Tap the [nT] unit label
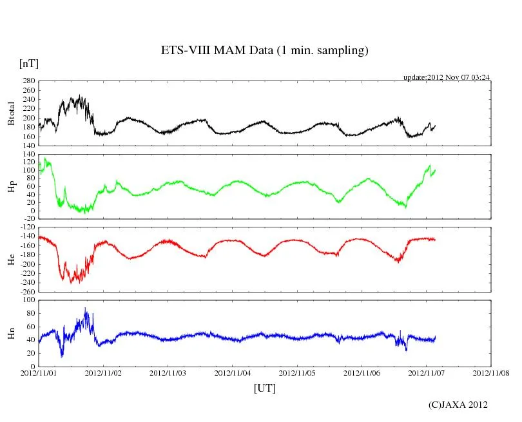tap(28, 64)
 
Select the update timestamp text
tap(447, 77)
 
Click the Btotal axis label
tap(11, 113)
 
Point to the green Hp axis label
tap(11, 187)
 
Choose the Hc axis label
tap(11, 259)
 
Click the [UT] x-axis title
tap(264, 388)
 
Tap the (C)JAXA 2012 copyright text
tap(458, 405)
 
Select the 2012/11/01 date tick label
tap(39, 373)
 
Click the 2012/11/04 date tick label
tap(233, 373)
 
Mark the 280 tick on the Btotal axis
tap(27, 81)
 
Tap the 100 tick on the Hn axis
tap(27, 300)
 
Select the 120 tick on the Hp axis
tap(27, 162)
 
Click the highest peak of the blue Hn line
tap(86, 309)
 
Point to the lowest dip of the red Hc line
tap(72, 283)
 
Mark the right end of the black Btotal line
tap(436, 126)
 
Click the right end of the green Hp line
tap(436, 170)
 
